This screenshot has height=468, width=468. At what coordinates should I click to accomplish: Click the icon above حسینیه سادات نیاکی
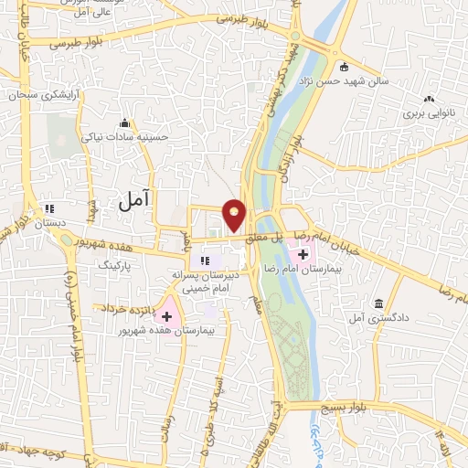123,123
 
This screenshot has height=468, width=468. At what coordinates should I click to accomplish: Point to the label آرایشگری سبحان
40,94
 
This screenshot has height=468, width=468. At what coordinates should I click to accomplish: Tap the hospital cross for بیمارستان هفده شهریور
167,314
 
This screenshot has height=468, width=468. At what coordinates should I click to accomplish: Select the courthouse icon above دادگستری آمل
378,303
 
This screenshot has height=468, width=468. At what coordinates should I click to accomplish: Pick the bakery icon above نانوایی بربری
428,100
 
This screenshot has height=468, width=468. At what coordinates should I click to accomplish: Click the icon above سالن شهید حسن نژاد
344,67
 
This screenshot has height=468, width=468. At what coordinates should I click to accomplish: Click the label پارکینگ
117,262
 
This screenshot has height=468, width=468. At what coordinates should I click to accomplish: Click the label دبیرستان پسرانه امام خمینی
206,281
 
